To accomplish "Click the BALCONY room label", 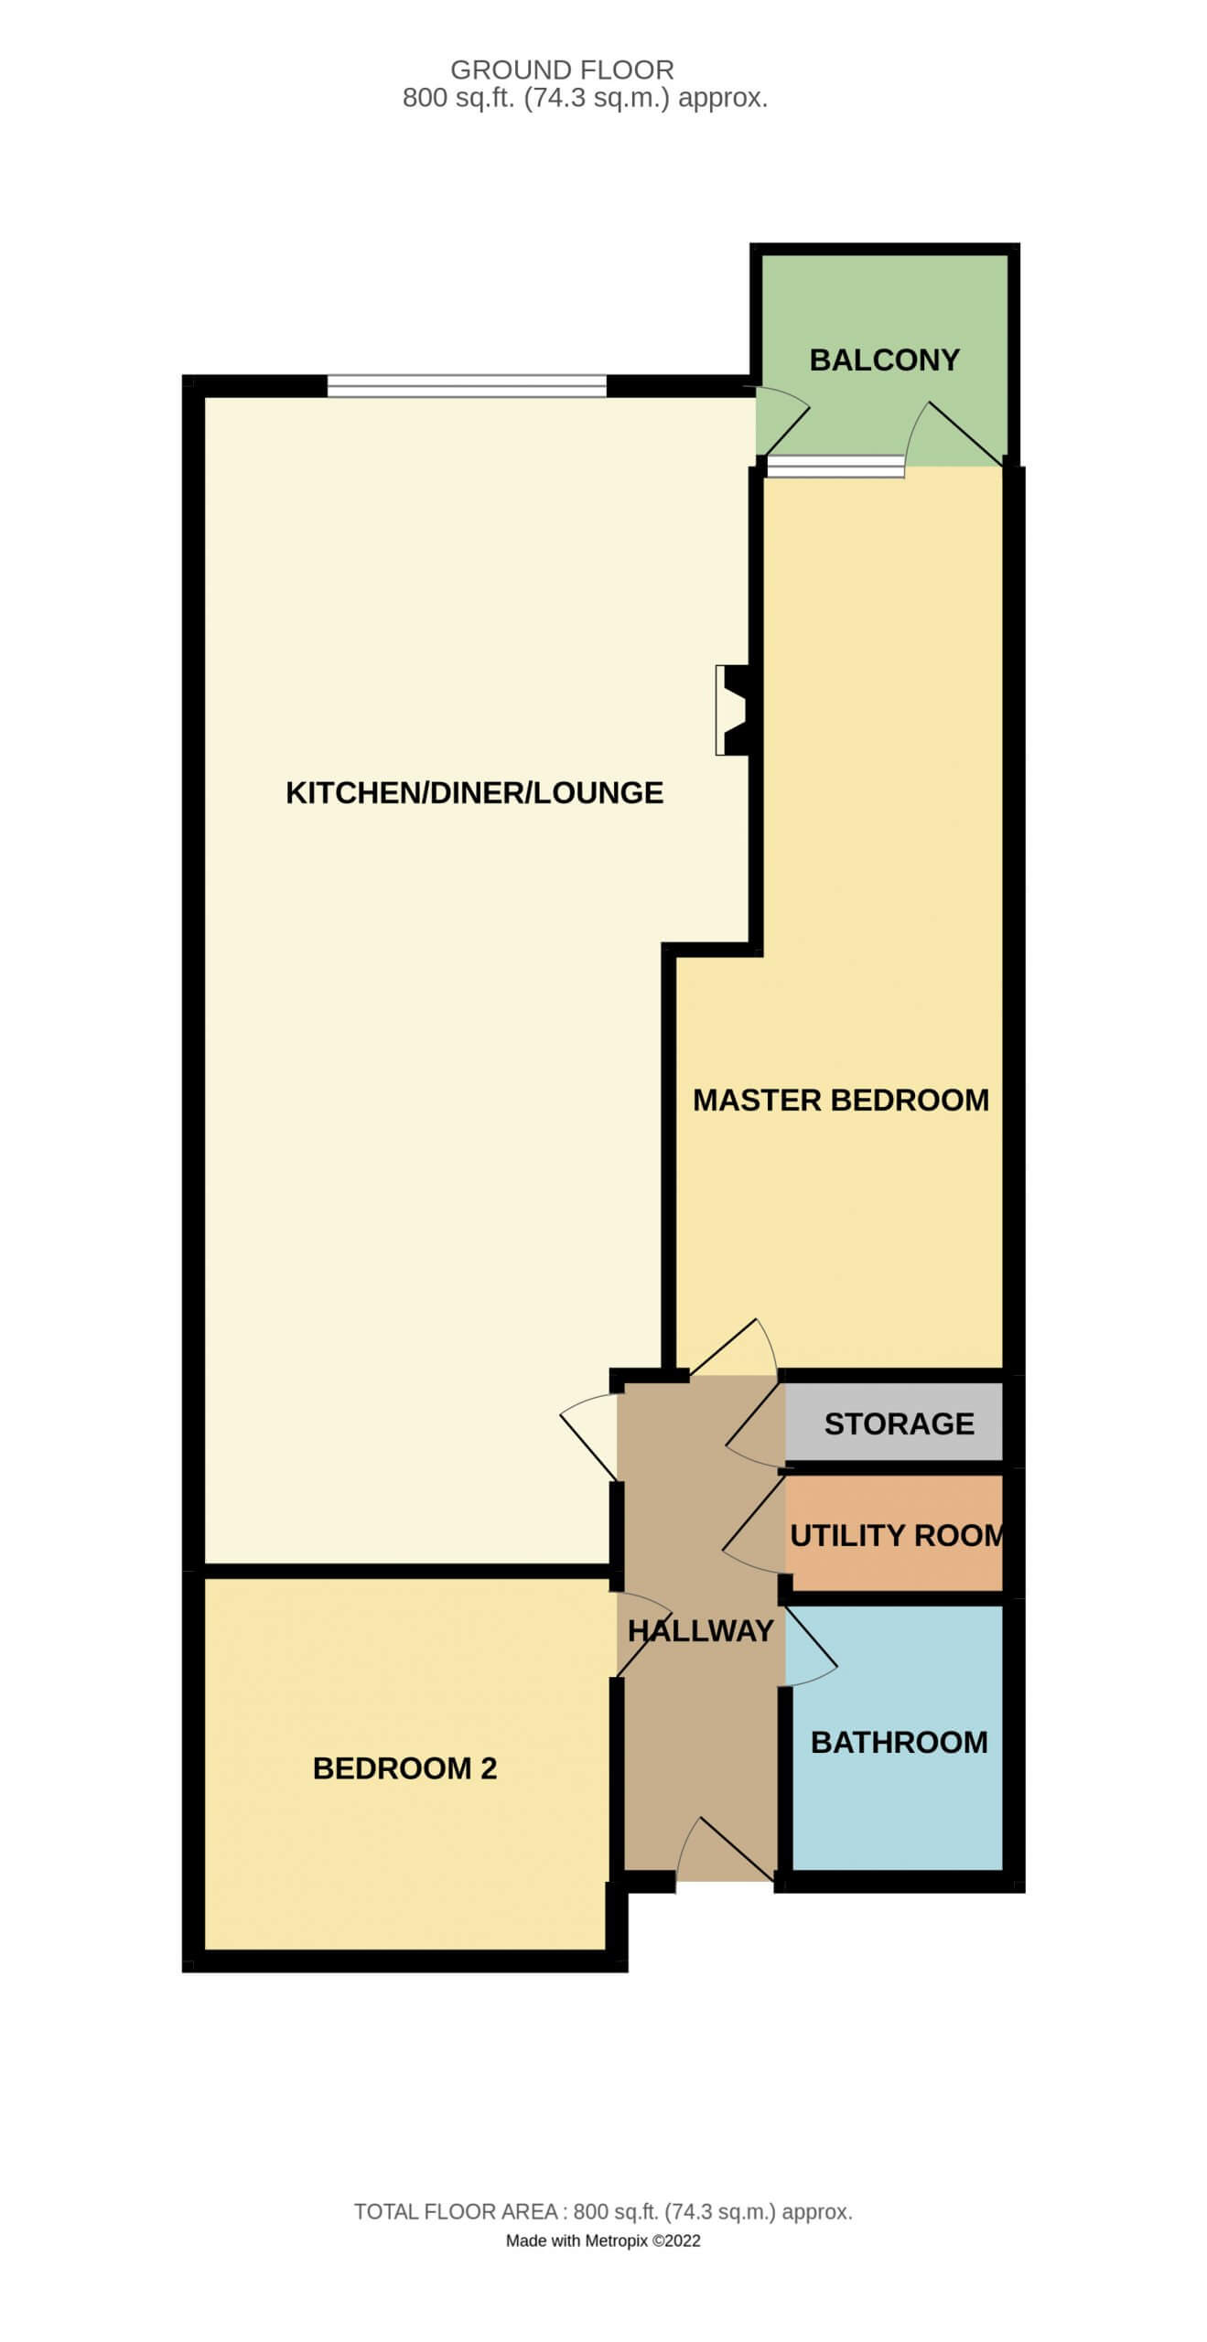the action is [884, 360].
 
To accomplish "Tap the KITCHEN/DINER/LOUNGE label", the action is [474, 792].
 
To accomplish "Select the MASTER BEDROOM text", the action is [840, 1100].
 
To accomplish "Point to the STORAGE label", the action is [899, 1423].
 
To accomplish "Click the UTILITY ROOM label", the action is [897, 1535].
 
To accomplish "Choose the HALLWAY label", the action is [701, 1630].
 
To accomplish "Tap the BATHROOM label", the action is [899, 1742].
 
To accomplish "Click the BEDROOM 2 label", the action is [404, 1768].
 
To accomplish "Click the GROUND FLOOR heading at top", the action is [562, 70].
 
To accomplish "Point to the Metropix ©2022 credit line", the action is [603, 2240].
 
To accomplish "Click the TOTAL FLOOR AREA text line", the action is [603, 2212].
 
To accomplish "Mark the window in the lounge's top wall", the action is [467, 385].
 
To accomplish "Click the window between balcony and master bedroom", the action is [835, 467].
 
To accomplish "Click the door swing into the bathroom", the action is [811, 1646].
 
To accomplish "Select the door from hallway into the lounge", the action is [589, 1436].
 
